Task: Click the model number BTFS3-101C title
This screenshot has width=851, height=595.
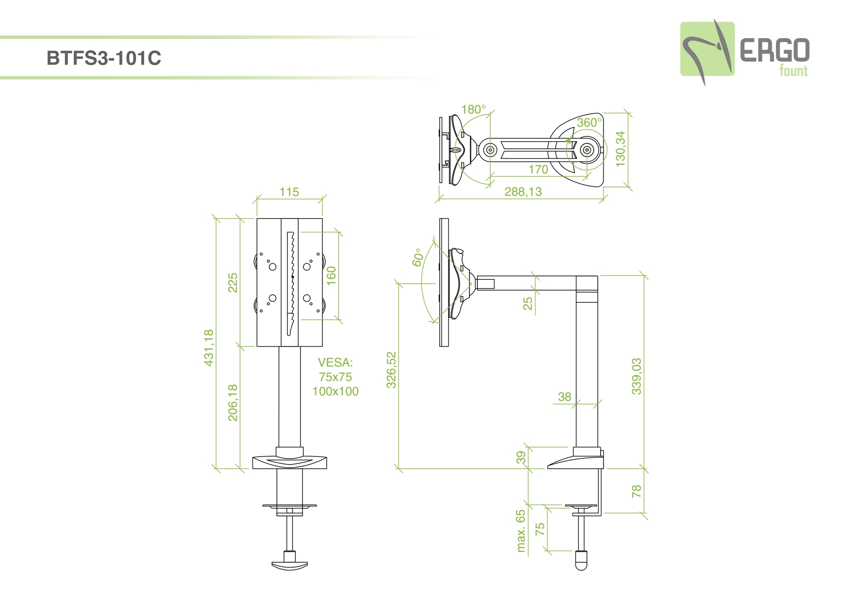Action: [104, 58]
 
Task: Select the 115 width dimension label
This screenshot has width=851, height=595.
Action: [289, 192]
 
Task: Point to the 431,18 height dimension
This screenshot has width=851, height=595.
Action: [209, 348]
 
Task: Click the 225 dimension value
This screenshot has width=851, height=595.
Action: [233, 282]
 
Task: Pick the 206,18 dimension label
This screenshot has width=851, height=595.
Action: [233, 402]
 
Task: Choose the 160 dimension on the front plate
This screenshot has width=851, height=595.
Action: [331, 275]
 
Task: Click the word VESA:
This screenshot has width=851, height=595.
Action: [335, 363]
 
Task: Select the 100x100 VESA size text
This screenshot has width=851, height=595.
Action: [335, 391]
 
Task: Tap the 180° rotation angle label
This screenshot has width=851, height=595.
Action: [473, 109]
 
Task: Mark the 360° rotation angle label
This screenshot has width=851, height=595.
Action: [589, 122]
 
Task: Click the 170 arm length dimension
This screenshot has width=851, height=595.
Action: [538, 169]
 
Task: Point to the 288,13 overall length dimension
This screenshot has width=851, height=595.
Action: [523, 192]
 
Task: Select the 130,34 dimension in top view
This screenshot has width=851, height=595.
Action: [621, 149]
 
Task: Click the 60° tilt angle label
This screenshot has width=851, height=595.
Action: [417, 257]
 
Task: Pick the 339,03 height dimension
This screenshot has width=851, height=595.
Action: [636, 376]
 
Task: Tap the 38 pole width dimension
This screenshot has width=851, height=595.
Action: [564, 397]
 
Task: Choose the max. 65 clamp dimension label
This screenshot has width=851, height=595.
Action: [521, 531]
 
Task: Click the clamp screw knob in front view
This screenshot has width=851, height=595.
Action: [289, 564]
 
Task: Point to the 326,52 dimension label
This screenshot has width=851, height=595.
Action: [391, 370]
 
